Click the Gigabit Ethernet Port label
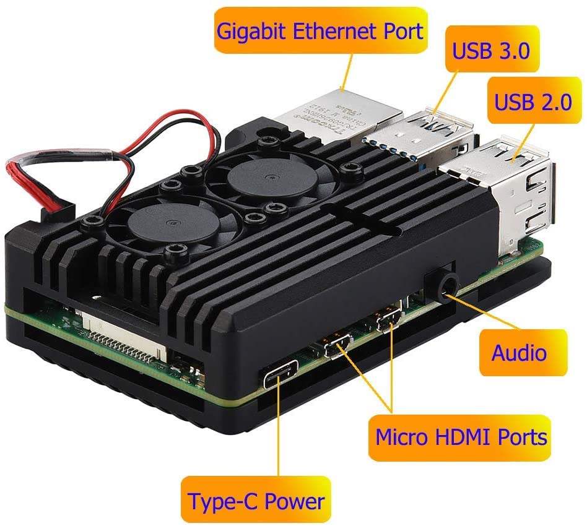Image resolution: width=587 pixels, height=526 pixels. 320,30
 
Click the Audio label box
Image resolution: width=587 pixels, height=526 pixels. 520,353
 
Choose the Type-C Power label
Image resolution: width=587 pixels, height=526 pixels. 256,500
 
